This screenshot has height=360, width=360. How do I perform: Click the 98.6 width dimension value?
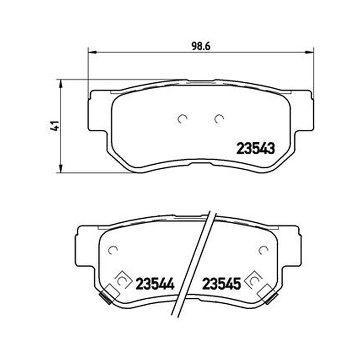tap(201, 46)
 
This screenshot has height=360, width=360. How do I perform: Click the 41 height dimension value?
tap(55, 126)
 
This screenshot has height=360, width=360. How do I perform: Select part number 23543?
tap(255, 148)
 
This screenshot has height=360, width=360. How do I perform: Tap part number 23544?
tap(155, 283)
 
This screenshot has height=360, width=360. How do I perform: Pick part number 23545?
tap(221, 283)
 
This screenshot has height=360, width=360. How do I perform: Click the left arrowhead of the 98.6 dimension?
tap(92, 52)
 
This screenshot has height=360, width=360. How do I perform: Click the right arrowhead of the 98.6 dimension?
tap(310, 52)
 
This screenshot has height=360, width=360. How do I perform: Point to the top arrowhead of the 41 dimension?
tap(61, 84)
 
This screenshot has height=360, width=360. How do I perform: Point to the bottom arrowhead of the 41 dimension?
tap(61, 168)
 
